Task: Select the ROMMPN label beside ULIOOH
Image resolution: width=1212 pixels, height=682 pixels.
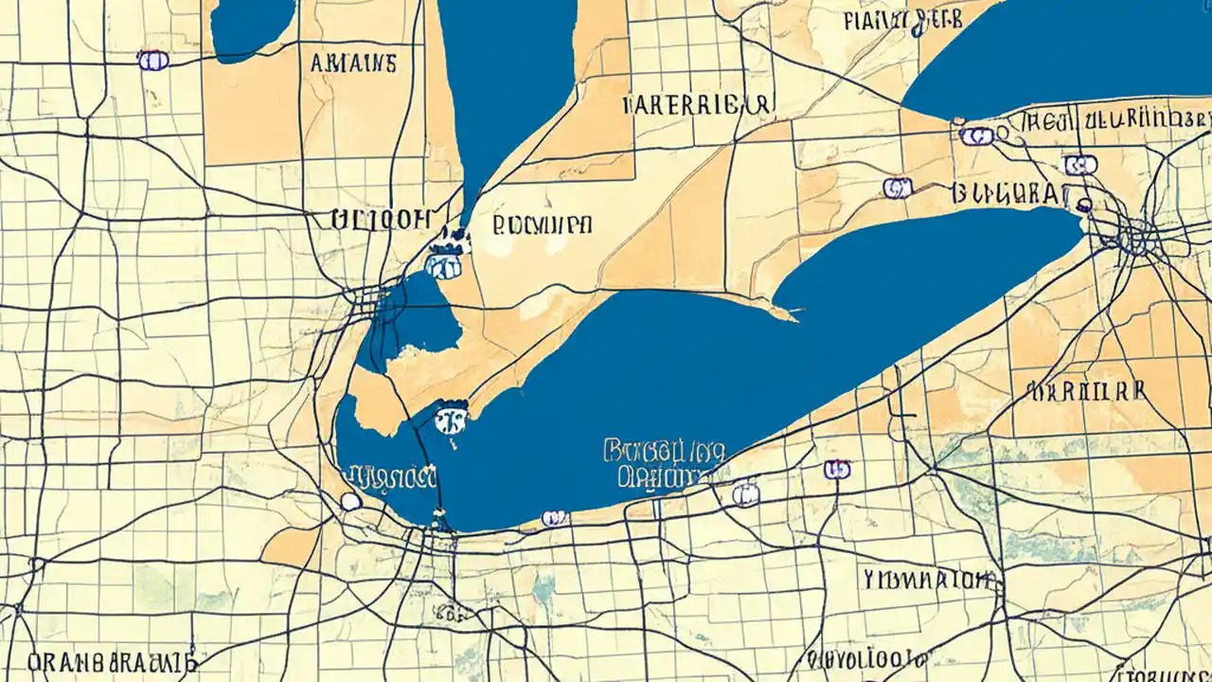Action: (x=543, y=224)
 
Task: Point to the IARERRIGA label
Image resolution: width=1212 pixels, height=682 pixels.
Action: (x=698, y=104)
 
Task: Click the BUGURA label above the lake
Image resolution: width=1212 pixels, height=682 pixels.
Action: (x=1007, y=194)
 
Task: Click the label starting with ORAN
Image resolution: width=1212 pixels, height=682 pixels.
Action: (x=112, y=660)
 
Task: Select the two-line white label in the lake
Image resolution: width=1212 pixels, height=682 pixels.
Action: (x=663, y=463)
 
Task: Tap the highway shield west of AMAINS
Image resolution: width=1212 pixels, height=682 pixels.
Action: (x=152, y=61)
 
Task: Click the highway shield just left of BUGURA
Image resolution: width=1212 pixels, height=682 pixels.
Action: (x=897, y=188)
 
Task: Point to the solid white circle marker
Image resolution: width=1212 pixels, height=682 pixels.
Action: (x=350, y=501)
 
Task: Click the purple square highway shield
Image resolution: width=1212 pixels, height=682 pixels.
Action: (x=836, y=469)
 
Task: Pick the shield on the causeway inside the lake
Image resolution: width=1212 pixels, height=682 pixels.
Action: (x=452, y=417)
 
